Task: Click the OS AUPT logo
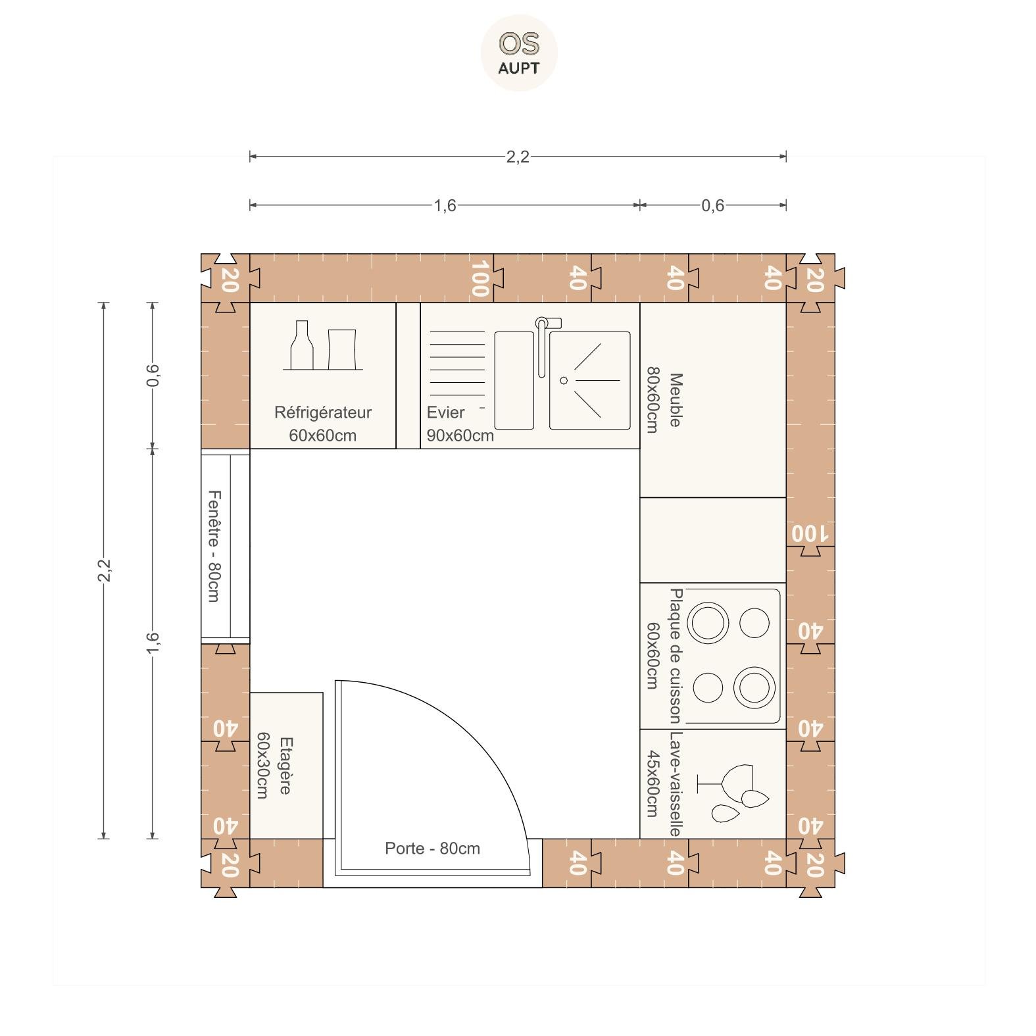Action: pos(519,53)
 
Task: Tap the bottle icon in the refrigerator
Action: pos(302,345)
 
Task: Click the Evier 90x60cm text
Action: pos(460,424)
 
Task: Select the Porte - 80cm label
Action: pos(433,849)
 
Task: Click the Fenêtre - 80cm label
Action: pos(214,545)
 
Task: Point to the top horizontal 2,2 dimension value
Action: pos(518,157)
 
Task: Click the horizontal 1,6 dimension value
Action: pos(445,206)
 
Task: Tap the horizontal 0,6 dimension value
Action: pos(712,206)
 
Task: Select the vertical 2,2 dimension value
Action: pos(104,570)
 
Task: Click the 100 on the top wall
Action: pos(480,278)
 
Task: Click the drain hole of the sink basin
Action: pos(564,380)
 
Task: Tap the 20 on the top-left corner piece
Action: pos(228,280)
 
